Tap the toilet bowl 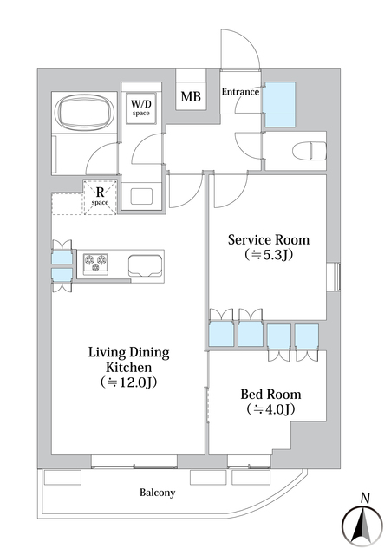(310, 151)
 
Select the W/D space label (140, 108)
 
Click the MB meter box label (191, 96)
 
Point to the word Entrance (240, 92)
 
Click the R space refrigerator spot (101, 197)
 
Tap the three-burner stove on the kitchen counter (95, 264)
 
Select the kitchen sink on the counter (145, 264)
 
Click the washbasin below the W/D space (141, 196)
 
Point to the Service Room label (269, 239)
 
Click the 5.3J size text (269, 255)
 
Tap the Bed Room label (270, 394)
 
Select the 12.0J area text (128, 382)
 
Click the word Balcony (157, 493)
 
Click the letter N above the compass (365, 499)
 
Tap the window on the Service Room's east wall (333, 277)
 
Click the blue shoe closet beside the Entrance (280, 104)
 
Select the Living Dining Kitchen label (128, 360)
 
